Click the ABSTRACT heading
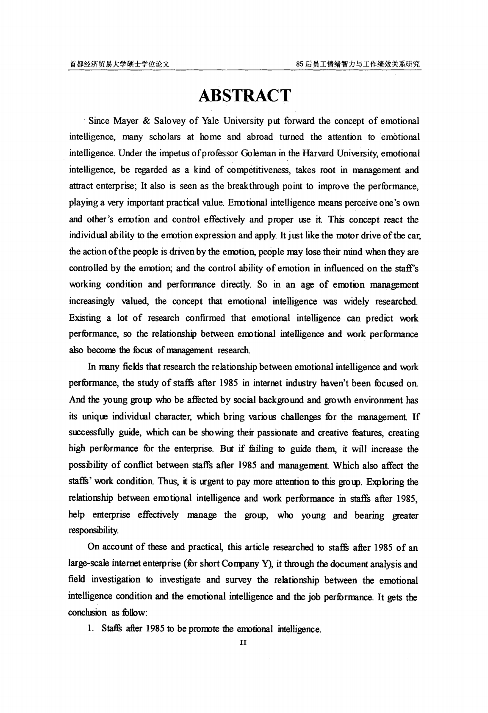[244, 96]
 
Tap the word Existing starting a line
[85, 318]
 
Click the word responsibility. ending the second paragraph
[94, 530]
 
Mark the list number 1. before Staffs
[90, 629]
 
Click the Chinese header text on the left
[119, 64]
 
